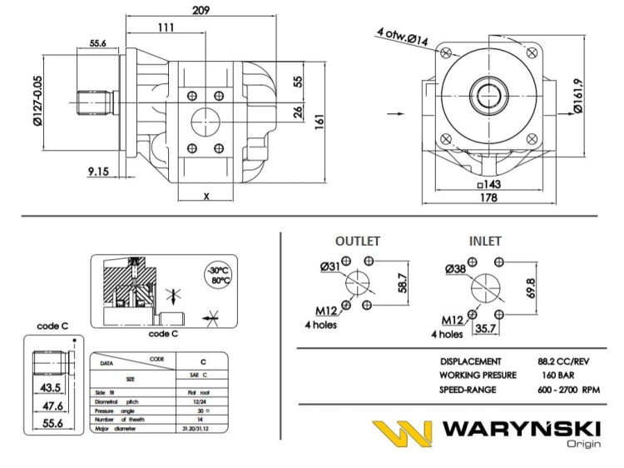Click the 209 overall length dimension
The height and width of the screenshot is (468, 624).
(201, 10)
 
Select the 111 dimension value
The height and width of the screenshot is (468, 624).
(166, 28)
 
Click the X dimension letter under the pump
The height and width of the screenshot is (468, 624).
(206, 197)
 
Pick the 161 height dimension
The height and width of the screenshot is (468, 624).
(318, 120)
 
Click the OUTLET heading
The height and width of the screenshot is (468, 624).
(357, 241)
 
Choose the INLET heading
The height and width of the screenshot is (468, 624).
(484, 241)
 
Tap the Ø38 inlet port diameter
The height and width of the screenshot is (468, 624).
(454, 269)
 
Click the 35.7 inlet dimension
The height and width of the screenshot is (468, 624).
(483, 329)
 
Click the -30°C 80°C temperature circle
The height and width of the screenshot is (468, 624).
(219, 275)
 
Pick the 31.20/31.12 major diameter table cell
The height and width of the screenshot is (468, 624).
(204, 428)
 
